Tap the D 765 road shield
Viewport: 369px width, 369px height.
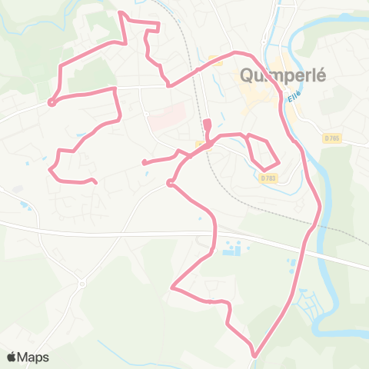tap(331, 138)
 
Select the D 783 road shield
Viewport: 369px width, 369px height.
tap(268, 178)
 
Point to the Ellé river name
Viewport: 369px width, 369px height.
tap(293, 98)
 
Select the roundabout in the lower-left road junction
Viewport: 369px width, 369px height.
tap(81, 284)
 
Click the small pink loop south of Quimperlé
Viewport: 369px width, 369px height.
tap(260, 151)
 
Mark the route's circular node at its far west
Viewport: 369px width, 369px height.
tap(52, 102)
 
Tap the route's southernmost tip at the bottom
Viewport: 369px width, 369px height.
tap(254, 355)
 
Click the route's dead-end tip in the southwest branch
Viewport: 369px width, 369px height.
tap(95, 182)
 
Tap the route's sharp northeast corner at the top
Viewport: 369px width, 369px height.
tap(158, 25)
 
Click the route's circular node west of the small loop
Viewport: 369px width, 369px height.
tap(169, 183)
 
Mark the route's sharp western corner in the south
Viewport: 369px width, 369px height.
tap(172, 289)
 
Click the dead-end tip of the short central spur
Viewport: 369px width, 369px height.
tap(143, 162)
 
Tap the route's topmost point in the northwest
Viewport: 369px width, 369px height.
tap(118, 12)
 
